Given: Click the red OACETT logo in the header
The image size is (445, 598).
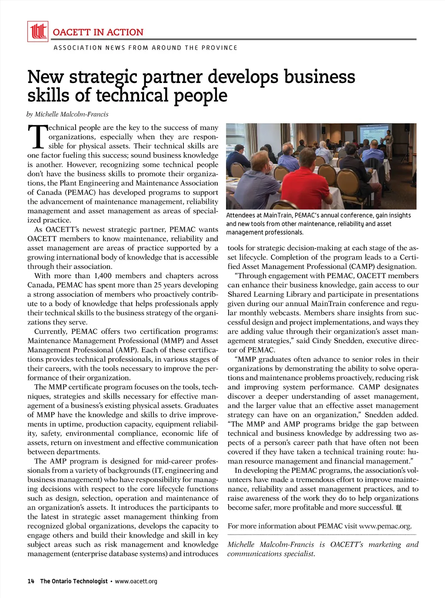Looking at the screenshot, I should pyautogui.click(x=38, y=32).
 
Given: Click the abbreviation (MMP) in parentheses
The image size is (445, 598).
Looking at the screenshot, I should pyautogui.click(x=173, y=341).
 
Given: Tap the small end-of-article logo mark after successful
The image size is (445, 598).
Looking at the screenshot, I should pyautogui.click(x=399, y=508).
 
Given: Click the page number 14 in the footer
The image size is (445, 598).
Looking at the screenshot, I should pyautogui.click(x=31, y=581).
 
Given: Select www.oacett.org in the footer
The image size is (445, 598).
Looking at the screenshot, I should pyautogui.click(x=136, y=581).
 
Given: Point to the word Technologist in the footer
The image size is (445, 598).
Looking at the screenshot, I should pyautogui.click(x=90, y=581).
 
